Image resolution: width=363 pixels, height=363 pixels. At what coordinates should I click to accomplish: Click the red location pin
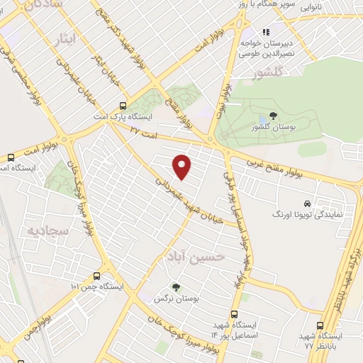182,166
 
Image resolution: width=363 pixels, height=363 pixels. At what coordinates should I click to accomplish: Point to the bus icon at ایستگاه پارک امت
125,104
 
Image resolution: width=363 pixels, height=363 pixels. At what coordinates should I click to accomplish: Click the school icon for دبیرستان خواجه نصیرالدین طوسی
267,32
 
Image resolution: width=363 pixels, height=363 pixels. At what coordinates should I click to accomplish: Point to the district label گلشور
270,72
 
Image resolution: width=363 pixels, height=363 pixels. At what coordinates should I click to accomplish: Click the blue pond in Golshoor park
264,119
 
